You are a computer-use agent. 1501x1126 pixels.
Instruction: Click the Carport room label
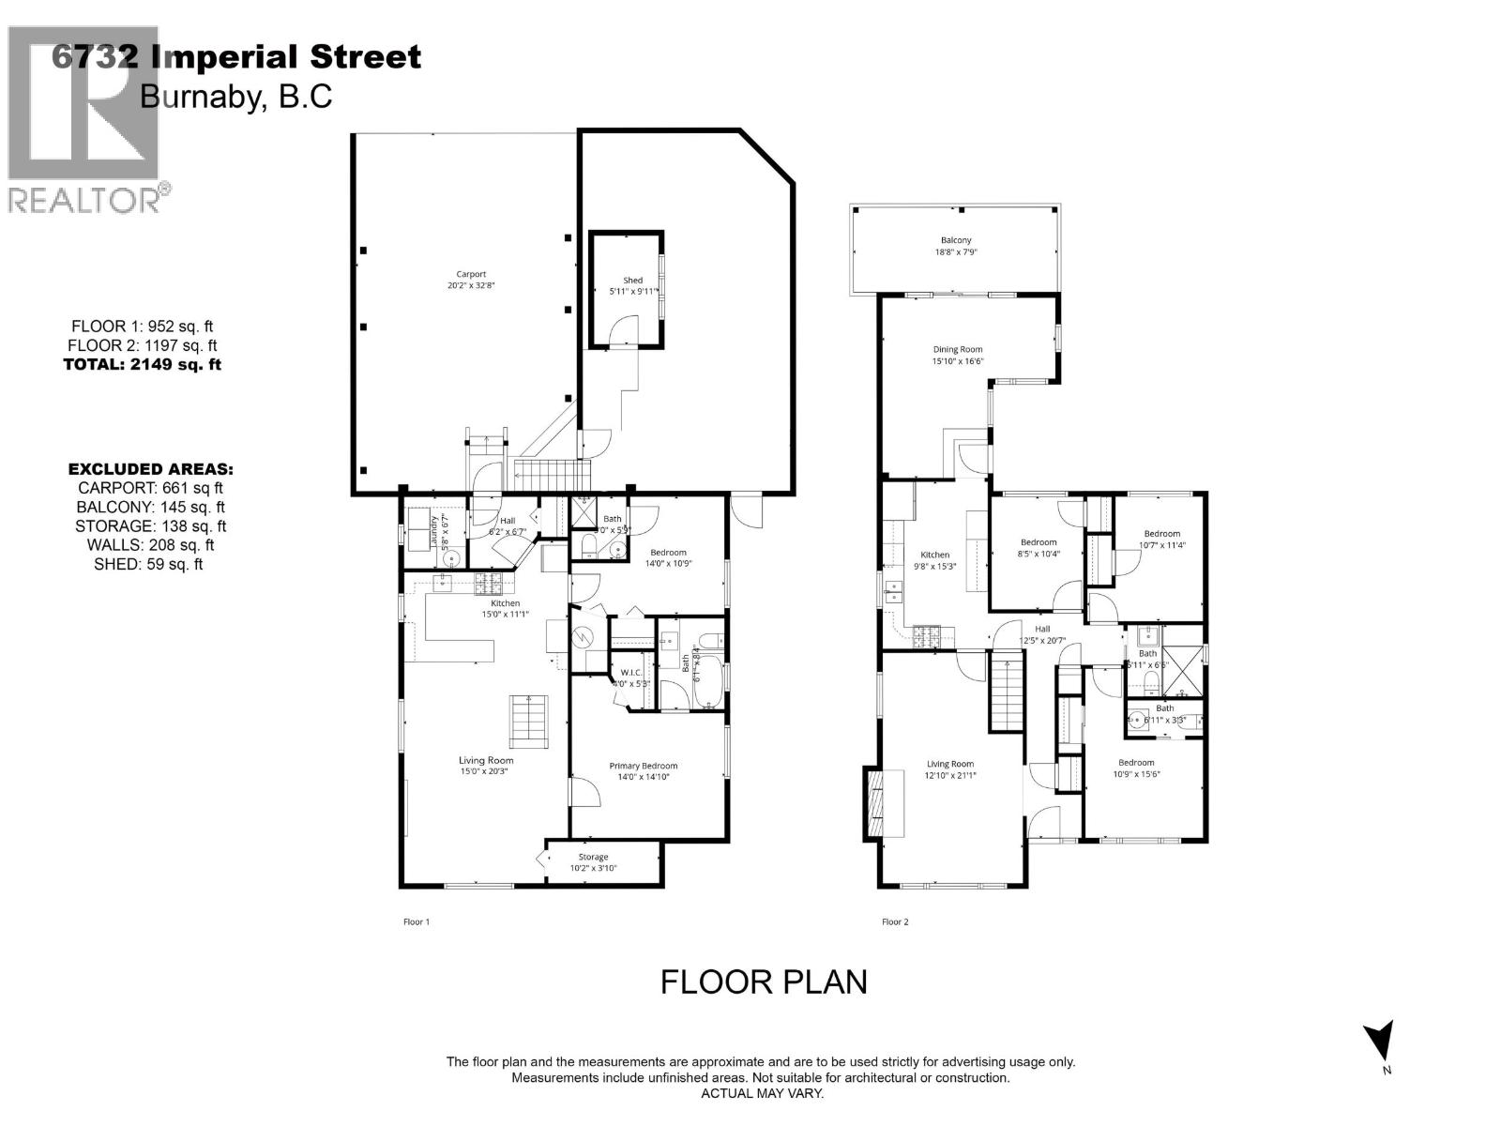(471, 280)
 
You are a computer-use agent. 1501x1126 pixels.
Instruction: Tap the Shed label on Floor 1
(633, 285)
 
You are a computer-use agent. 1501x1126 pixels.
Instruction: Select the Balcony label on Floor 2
(956, 246)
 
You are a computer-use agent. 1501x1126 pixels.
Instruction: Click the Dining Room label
(957, 355)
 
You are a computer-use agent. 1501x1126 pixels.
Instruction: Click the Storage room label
(593, 861)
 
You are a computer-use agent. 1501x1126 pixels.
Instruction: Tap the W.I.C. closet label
(630, 677)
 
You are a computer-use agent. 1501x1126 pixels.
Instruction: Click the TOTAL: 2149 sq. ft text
(142, 365)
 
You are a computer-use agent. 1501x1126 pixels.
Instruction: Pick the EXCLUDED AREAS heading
(150, 468)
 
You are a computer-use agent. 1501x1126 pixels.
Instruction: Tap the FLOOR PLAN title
(764, 981)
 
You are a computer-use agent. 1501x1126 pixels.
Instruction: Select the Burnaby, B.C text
(235, 97)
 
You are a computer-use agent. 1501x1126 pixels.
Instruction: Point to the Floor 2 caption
(895, 921)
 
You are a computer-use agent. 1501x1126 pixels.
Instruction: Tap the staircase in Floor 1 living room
(528, 721)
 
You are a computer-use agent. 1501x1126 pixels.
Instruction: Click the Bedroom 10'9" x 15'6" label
(1135, 768)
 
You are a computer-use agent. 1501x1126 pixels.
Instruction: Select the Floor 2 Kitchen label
(934, 560)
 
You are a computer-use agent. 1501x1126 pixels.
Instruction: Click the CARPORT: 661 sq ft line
(150, 488)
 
